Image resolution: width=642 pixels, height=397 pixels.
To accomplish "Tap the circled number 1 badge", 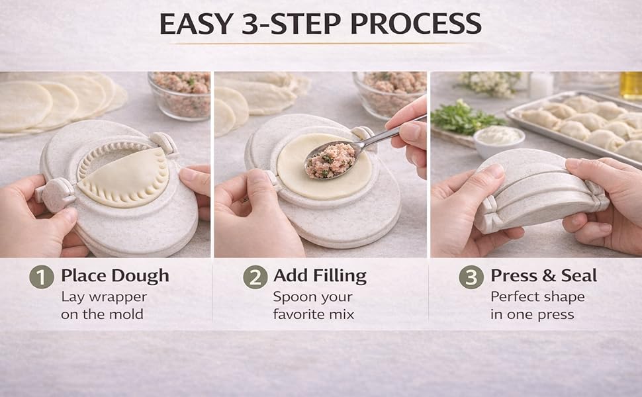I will tap(42, 277).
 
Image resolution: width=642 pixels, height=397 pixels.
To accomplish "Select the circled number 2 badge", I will tap(255, 277).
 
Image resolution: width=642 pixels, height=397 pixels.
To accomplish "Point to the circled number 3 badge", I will tap(471, 277).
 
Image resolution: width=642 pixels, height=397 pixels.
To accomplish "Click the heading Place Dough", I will tap(115, 275).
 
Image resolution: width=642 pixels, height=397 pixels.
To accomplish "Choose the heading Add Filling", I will tap(320, 275).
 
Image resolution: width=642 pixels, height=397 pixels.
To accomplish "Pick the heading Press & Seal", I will tap(543, 275).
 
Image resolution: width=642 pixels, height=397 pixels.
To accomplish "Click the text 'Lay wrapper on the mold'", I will tap(104, 305).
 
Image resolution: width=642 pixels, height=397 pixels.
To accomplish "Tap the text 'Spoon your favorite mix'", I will tap(314, 305).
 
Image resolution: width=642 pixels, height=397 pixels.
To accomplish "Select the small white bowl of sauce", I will tap(499, 140).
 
